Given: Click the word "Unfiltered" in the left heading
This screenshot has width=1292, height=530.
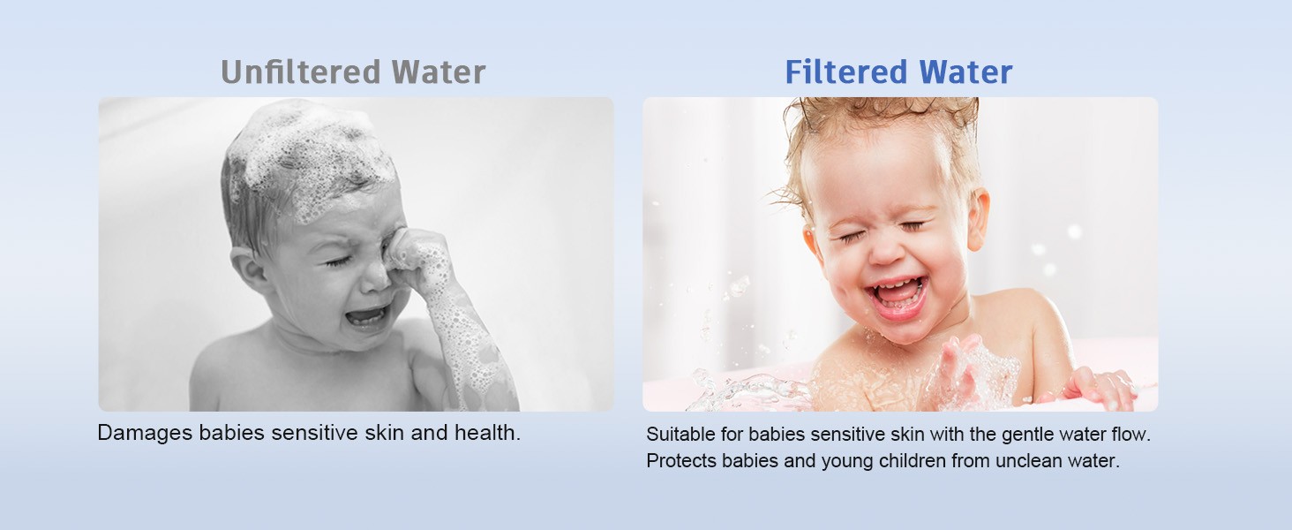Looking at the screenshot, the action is (301, 72).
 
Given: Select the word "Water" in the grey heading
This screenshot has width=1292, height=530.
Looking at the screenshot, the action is (439, 72).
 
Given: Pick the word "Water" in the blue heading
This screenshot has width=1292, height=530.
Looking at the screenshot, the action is (966, 72).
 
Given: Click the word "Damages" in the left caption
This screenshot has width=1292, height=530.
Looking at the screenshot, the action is (145, 433).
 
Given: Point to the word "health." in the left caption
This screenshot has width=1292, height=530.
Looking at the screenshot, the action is (488, 433).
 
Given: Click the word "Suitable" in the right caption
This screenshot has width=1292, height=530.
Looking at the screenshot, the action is (680, 435).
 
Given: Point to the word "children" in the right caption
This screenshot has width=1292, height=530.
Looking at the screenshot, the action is (909, 461).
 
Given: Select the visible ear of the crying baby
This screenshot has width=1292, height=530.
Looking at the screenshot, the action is (247, 269).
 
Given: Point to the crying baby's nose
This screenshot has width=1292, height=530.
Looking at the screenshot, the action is (377, 278).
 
